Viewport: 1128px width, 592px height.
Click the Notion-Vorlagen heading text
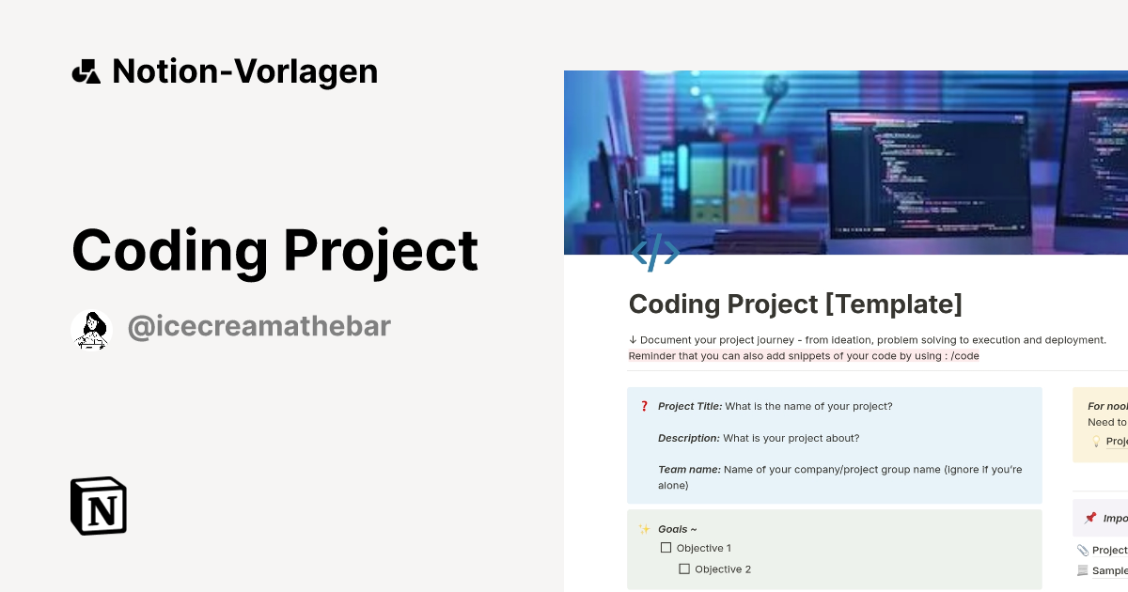point(244,71)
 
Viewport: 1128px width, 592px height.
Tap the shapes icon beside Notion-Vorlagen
point(86,71)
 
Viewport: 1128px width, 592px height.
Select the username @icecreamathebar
point(258,327)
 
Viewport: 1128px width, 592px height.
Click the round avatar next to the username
point(91,329)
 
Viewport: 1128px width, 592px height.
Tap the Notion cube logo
point(99,506)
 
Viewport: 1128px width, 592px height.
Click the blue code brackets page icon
point(655,253)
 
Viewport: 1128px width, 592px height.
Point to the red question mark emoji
point(644,407)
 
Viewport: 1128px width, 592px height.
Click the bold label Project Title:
point(690,407)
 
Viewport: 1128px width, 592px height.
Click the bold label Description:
point(689,438)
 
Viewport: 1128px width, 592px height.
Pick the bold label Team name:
point(689,469)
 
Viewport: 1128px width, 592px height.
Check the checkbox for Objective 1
point(666,548)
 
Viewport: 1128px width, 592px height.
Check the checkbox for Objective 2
point(684,569)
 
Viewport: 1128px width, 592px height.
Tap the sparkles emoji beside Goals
point(644,529)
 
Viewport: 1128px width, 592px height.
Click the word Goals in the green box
point(673,529)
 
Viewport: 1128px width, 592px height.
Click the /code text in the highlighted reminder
point(963,356)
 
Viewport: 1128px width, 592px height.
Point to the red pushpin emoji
point(1090,518)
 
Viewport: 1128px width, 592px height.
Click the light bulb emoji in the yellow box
point(1095,441)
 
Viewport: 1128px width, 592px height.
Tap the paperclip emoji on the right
point(1083,550)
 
